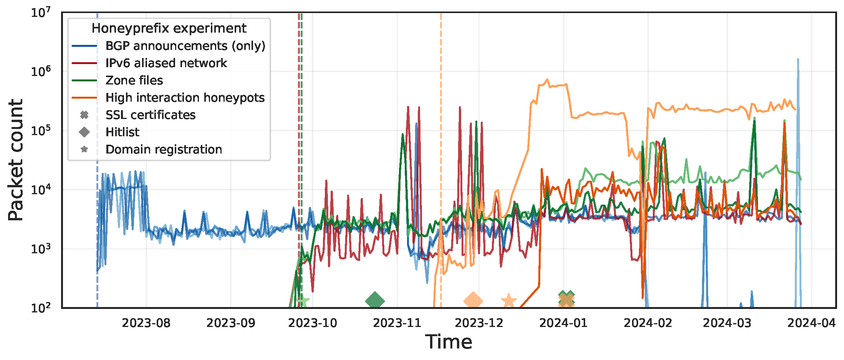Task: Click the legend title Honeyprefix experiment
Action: pos(169,28)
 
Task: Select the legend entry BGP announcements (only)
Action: pos(185,46)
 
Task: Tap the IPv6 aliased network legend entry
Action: pos(166,63)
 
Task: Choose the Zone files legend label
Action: pos(134,80)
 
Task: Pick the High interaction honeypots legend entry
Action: pos(185,97)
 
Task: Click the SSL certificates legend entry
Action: pos(150,115)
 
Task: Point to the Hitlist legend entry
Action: pos(122,132)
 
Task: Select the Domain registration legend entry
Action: pos(164,149)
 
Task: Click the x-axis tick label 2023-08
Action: pos(146,323)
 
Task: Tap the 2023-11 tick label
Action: pos(397,323)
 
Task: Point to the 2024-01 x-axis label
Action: pos(563,323)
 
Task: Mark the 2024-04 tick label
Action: pos(811,323)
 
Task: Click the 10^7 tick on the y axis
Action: pos(41,13)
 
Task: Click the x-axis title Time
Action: pos(448,342)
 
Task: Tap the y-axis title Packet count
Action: pos(16,160)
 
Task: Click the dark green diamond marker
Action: pos(375,301)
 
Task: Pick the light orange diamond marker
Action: pos(473,301)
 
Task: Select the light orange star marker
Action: pos(509,301)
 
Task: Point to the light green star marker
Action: pos(303,301)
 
